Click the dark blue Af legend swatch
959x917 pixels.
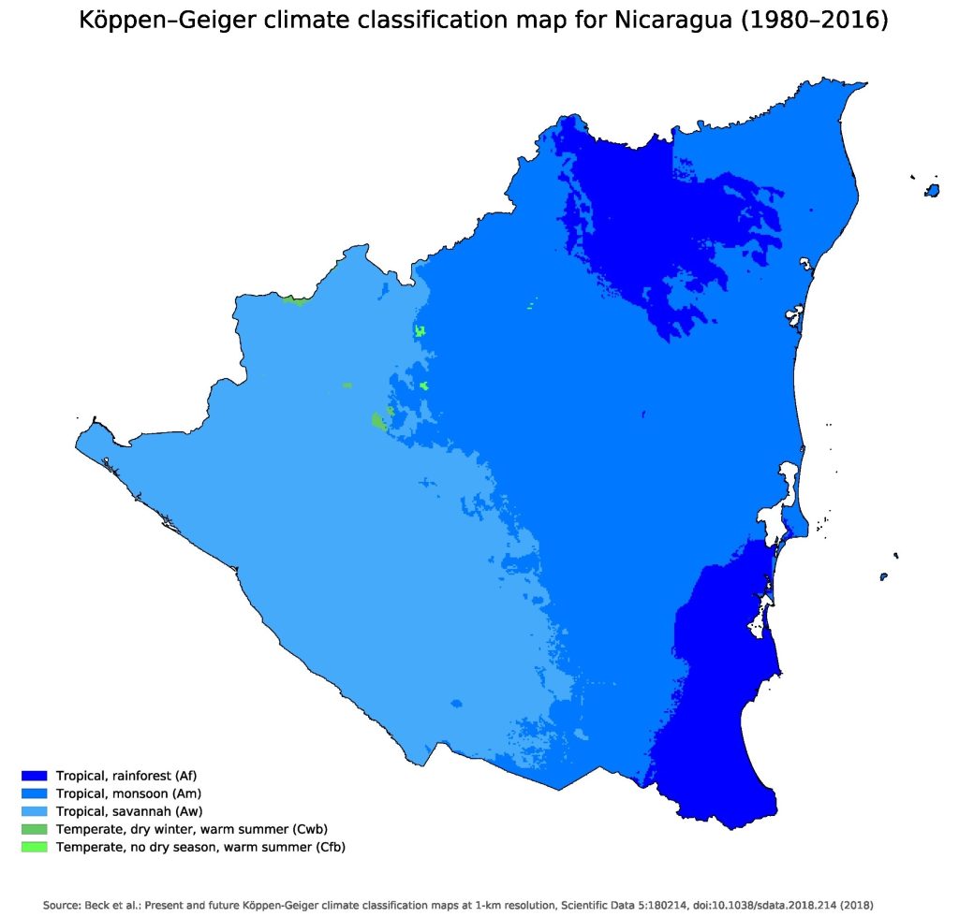point(34,776)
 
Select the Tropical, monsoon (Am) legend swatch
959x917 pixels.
point(34,793)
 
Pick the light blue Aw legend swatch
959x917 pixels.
point(34,811)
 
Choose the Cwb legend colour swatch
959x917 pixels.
point(34,829)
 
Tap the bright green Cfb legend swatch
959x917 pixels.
point(34,847)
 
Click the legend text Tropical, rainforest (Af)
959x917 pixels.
point(126,776)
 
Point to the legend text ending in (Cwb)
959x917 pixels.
point(191,829)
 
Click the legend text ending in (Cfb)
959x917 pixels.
point(201,847)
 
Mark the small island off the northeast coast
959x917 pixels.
point(932,191)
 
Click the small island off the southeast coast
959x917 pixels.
point(885,576)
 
